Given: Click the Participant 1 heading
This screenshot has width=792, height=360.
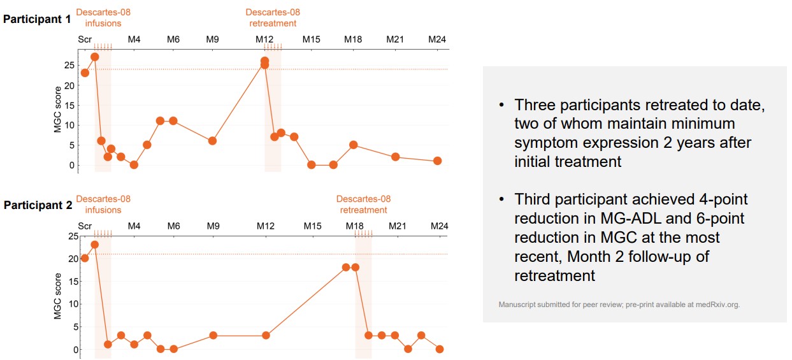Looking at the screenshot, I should (37, 18).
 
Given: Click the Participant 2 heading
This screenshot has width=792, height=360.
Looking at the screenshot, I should (37, 205).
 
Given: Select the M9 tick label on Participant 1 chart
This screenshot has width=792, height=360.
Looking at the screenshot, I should (213, 40).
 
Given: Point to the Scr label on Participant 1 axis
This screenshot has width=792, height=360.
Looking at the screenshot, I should (85, 40).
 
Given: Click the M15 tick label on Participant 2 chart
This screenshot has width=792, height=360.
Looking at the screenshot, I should (312, 226).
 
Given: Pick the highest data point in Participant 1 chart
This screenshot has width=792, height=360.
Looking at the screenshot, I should (95, 57).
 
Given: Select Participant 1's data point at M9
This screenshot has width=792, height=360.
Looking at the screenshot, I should (213, 141).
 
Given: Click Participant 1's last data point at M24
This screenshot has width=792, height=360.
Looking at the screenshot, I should (438, 161).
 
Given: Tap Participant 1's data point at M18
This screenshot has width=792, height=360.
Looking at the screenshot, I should (354, 145).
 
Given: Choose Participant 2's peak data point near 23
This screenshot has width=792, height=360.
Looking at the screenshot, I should (95, 244).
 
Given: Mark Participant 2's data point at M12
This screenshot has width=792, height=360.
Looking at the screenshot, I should (266, 335).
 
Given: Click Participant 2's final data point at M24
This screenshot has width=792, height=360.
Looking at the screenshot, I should (440, 349).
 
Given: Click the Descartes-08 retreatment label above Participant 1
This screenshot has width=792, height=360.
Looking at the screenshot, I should (273, 18).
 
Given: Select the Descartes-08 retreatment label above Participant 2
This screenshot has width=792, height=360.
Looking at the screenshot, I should (363, 205).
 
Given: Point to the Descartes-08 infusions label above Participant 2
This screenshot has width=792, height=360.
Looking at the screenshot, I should (103, 205).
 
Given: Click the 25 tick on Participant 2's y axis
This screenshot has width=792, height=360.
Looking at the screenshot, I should (73, 236).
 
